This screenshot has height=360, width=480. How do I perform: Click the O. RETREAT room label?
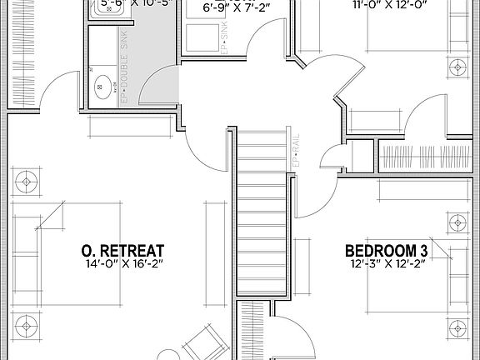coord(122,251)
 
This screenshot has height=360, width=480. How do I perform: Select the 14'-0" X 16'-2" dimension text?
coord(122,265)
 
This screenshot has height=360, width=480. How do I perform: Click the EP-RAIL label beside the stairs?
coord(296,149)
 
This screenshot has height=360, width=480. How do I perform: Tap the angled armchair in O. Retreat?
coord(201,342)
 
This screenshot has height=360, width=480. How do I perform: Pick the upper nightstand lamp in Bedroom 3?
coord(457,222)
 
